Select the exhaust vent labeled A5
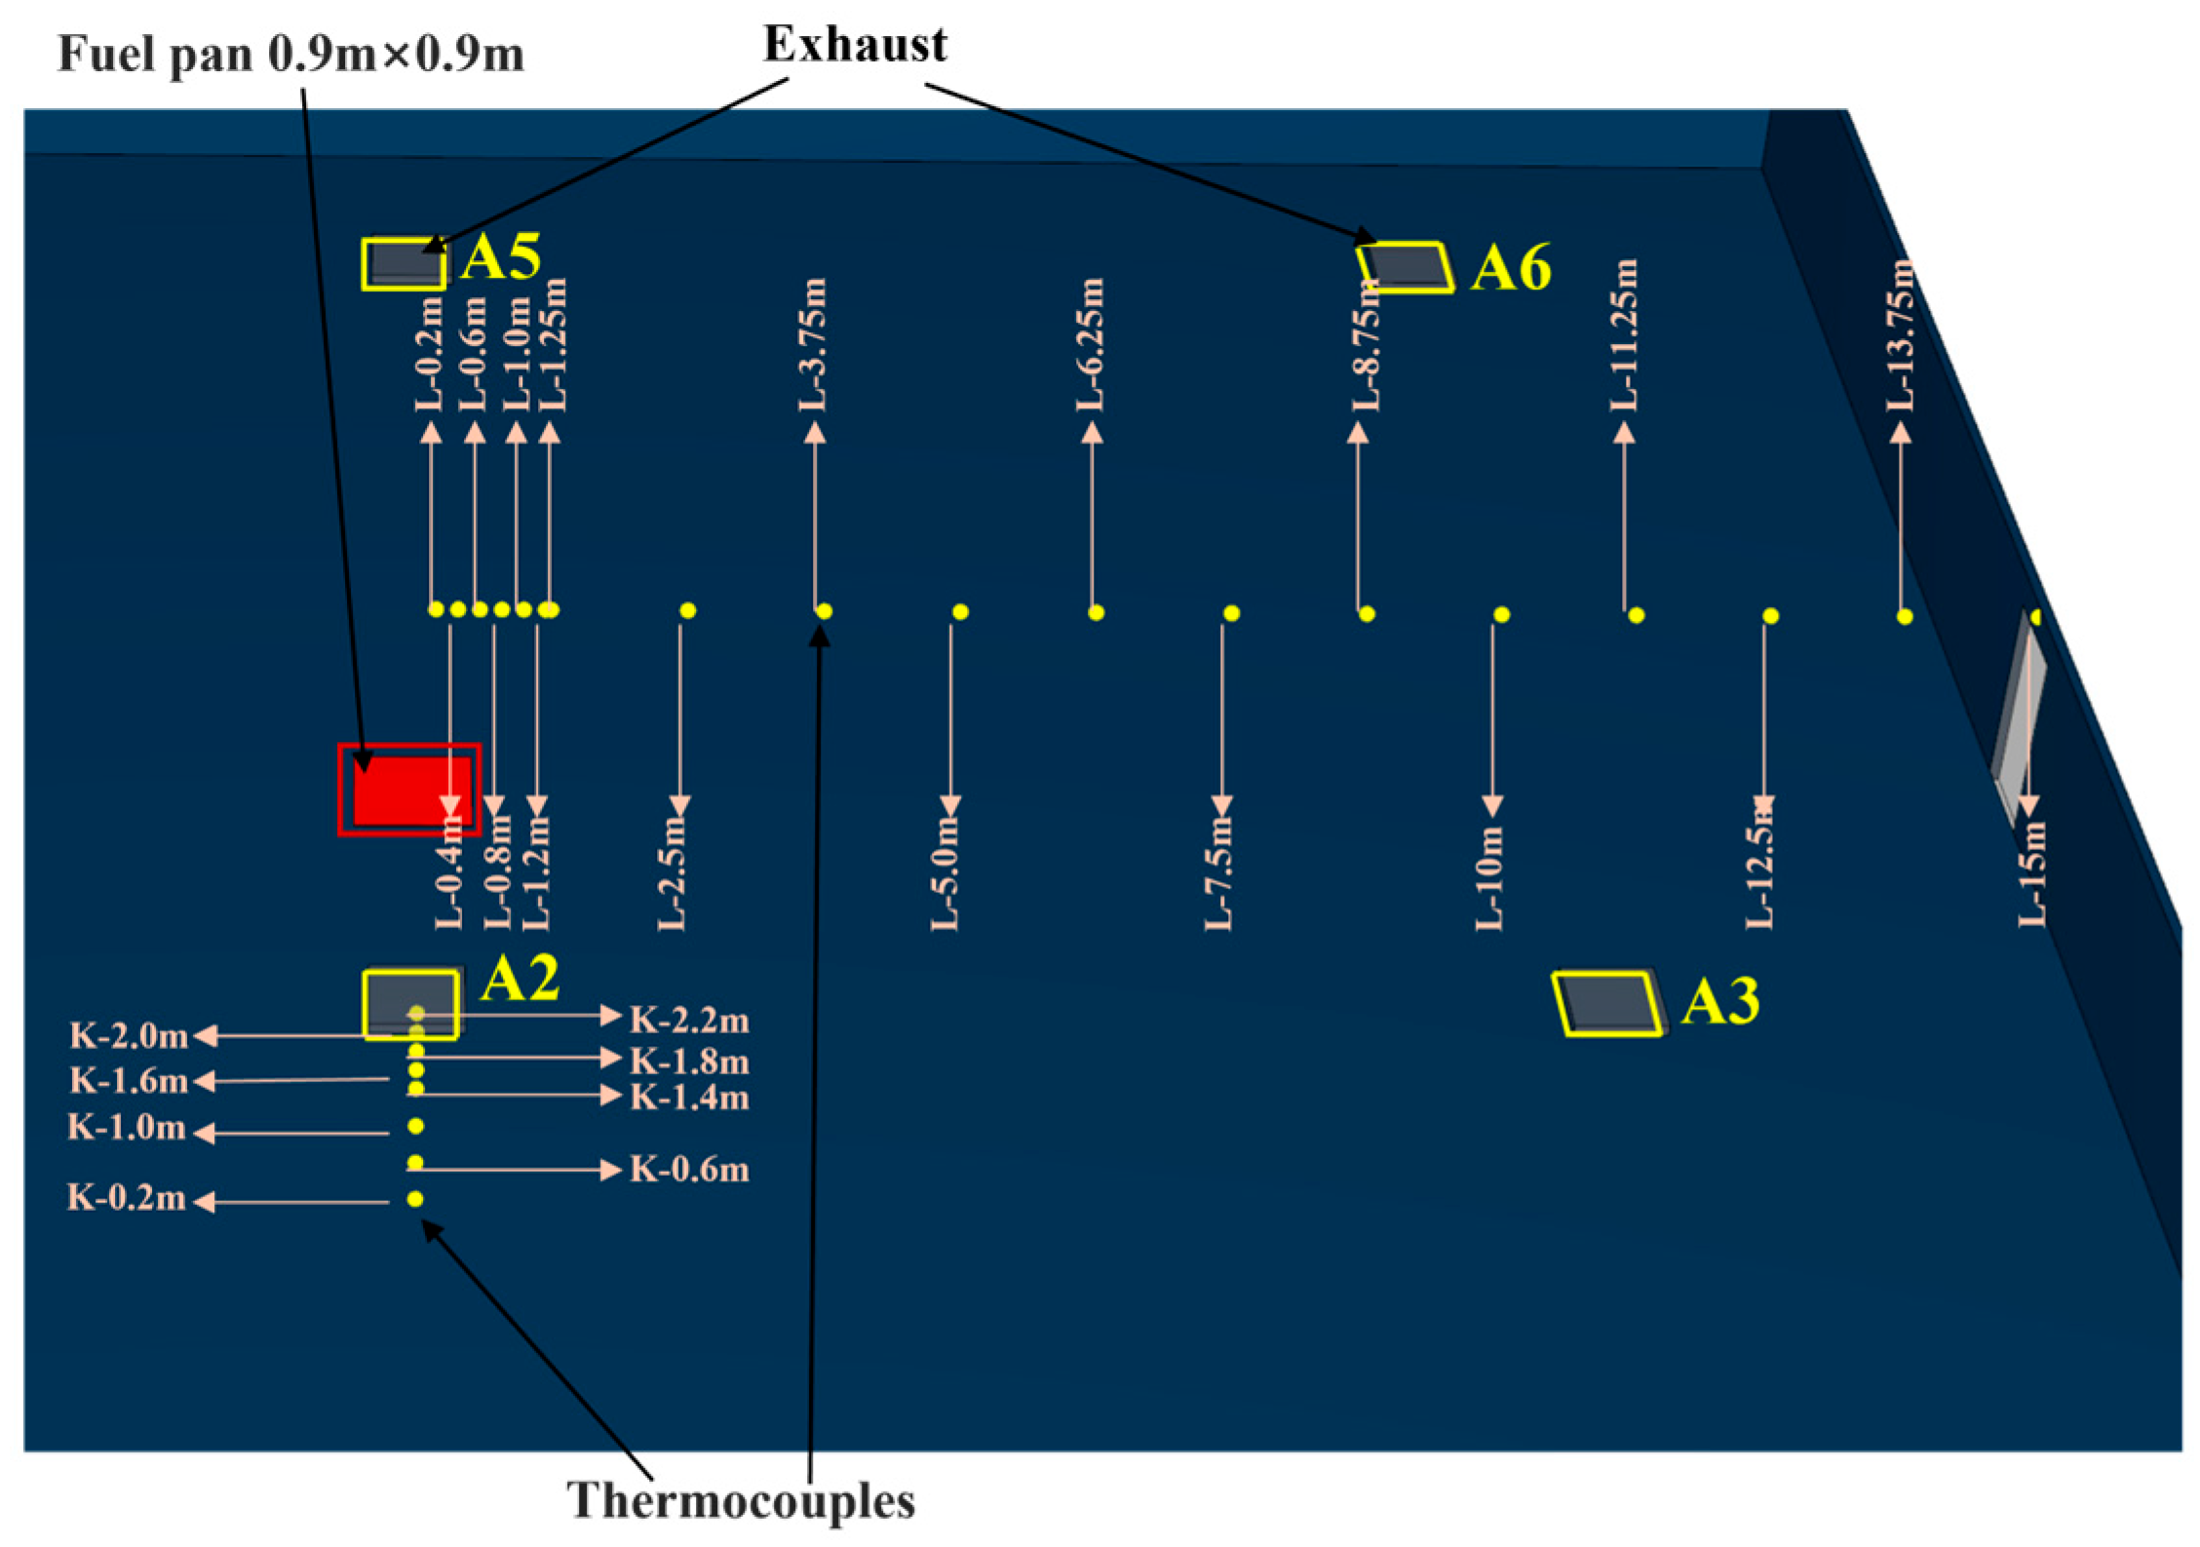(x=404, y=263)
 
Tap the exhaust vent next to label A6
(x=1404, y=266)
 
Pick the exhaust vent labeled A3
(x=1607, y=1003)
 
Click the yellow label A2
(x=521, y=978)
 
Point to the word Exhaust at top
(x=855, y=45)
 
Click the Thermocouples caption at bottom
(x=741, y=1500)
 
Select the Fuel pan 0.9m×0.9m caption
(x=290, y=55)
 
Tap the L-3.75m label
(x=814, y=345)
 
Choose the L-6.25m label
(x=1091, y=345)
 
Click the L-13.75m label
(x=1900, y=336)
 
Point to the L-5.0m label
(x=946, y=873)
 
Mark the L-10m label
(x=1489, y=878)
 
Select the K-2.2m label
(x=689, y=1021)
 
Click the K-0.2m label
(x=127, y=1198)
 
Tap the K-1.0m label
(x=127, y=1128)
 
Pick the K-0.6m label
(x=689, y=1169)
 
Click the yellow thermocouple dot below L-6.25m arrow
(x=1096, y=612)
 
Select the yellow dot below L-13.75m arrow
(x=1905, y=616)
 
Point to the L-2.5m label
(x=673, y=873)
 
